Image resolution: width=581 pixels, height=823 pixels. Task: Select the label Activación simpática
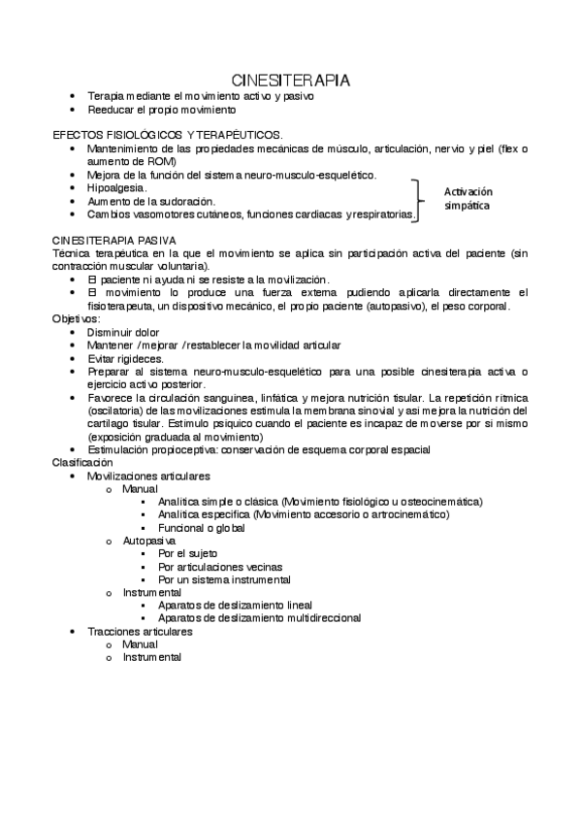(x=468, y=199)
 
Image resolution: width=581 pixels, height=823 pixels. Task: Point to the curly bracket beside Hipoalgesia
(x=419, y=200)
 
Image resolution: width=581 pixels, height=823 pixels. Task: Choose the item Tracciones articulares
(x=140, y=631)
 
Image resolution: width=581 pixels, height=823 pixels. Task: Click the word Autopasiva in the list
(x=148, y=540)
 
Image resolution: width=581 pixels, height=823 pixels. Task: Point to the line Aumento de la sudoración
(x=150, y=201)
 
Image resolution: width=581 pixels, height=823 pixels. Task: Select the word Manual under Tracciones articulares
(x=139, y=643)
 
